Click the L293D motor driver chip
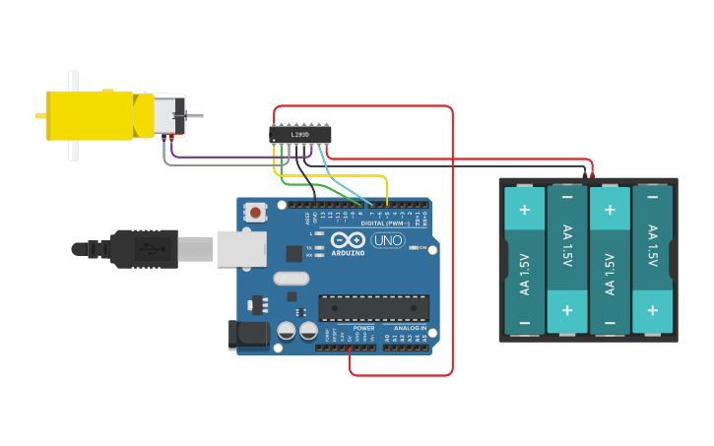point(299,134)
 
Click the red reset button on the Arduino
point(256,212)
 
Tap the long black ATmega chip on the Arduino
point(373,308)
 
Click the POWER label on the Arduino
point(363,328)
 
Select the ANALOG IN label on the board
point(411,328)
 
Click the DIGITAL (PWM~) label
point(387,223)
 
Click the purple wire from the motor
point(227,157)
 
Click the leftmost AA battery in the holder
point(524,259)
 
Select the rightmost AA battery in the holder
point(652,259)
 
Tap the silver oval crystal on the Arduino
point(291,279)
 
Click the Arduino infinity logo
point(348,240)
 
